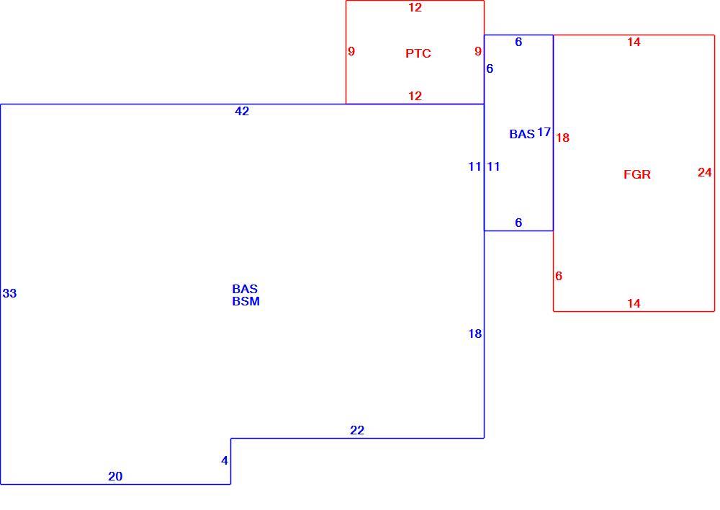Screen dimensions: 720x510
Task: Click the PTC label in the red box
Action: click(418, 53)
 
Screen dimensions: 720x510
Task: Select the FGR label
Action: click(637, 174)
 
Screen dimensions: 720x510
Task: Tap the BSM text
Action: click(246, 301)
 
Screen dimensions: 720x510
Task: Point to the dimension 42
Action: click(242, 111)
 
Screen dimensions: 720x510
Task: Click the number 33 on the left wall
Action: click(9, 293)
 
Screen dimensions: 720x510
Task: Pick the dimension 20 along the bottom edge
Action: click(115, 476)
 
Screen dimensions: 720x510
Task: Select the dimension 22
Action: click(357, 430)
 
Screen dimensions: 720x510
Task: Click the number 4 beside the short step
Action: click(225, 460)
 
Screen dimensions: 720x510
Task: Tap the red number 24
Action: click(704, 172)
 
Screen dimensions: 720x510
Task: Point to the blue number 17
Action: click(544, 133)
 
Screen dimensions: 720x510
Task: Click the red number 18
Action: click(562, 138)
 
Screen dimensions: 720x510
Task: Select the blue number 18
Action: click(474, 334)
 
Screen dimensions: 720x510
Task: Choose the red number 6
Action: click(559, 276)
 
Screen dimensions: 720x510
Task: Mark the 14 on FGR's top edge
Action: click(634, 42)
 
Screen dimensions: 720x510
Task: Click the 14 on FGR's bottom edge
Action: click(634, 303)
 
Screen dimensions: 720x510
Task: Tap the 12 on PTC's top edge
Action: click(415, 7)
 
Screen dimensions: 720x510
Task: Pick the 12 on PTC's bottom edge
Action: click(415, 96)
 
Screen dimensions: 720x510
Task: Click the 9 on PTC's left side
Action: click(351, 51)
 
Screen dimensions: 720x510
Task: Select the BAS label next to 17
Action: click(522, 134)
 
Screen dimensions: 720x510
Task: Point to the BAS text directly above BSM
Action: click(245, 289)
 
